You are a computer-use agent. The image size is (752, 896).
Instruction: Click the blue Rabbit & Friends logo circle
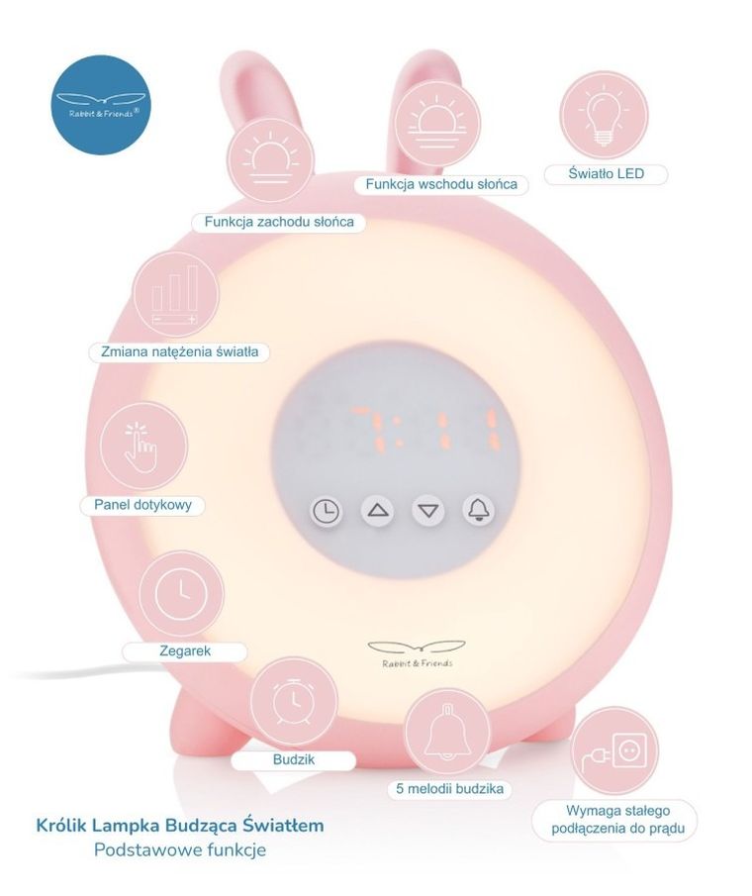[x=101, y=105]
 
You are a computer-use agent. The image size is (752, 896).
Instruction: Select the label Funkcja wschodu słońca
[x=441, y=184]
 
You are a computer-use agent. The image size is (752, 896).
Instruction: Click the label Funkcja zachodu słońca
[x=279, y=222]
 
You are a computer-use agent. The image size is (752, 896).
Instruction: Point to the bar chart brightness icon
[x=175, y=295]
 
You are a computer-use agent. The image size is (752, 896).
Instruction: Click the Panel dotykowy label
[x=142, y=505]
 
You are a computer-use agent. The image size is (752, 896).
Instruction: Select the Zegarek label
[x=185, y=651]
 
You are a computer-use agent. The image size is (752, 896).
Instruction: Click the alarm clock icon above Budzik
[x=293, y=702]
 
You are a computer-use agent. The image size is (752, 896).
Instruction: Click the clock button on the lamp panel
[x=326, y=511]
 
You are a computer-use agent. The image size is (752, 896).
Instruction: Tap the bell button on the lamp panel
[x=479, y=510]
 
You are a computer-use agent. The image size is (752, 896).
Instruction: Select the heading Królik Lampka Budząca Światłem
[x=180, y=824]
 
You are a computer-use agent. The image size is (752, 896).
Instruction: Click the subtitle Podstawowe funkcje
[x=180, y=849]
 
